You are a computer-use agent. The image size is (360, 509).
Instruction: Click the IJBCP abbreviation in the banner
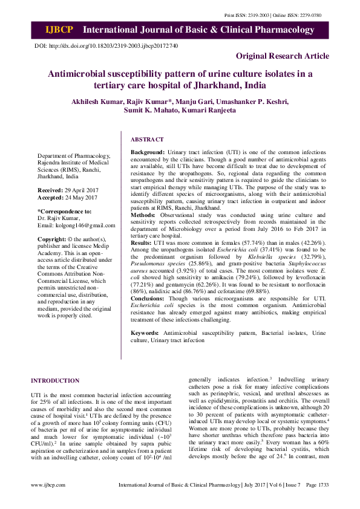point(58,29)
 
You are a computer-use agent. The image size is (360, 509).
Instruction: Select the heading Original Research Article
point(283,56)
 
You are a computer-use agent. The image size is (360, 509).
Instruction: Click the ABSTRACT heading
point(148,139)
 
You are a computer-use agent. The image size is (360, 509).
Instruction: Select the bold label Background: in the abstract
point(148,151)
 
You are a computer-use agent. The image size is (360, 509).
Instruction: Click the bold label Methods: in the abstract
point(143,215)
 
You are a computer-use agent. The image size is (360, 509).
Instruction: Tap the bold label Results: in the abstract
point(143,242)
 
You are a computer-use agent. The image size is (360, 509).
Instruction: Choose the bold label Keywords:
point(145,333)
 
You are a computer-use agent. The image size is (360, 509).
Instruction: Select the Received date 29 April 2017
point(80,190)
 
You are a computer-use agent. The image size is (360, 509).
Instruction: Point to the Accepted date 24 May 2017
point(79,197)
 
